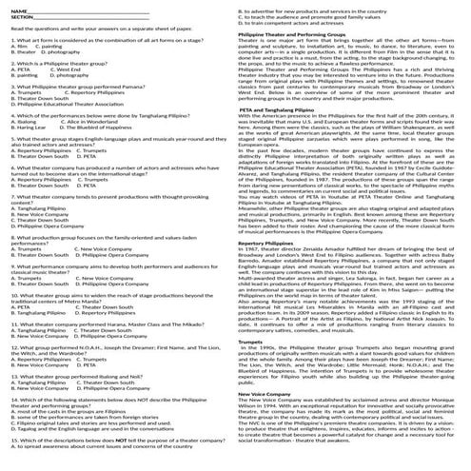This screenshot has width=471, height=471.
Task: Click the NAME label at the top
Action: point(14,9)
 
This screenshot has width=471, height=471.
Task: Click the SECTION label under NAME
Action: point(17,15)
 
